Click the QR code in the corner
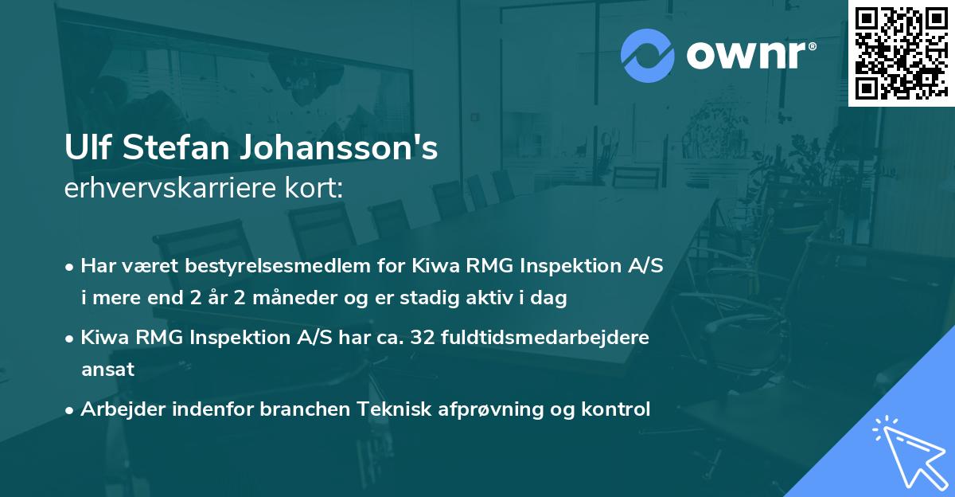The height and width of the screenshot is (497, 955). click(x=901, y=53)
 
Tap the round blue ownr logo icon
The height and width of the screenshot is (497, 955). click(x=648, y=55)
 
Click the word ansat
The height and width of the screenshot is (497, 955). click(x=107, y=370)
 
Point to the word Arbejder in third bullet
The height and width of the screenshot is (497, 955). click(x=117, y=409)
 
